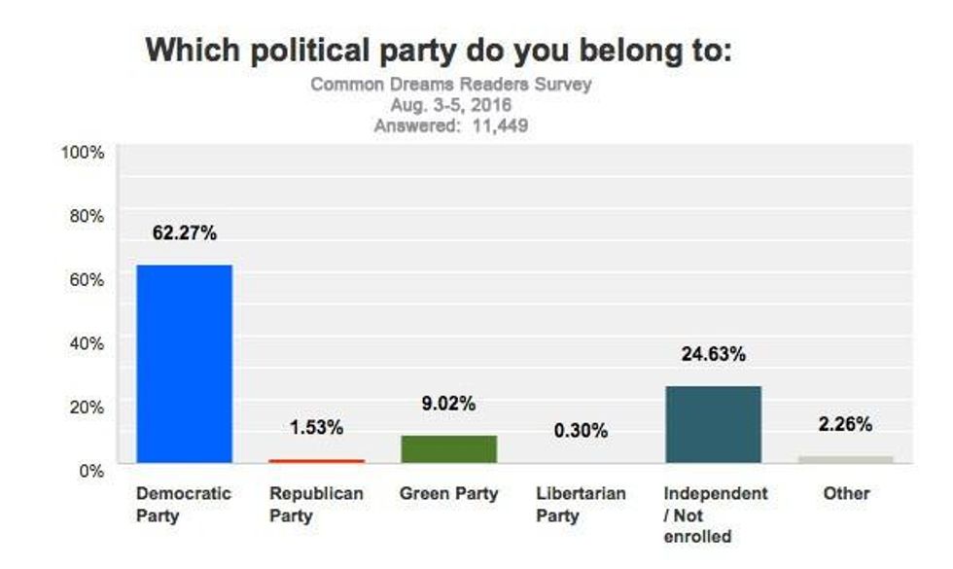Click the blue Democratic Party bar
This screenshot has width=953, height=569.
(184, 364)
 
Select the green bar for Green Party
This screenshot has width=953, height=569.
(448, 448)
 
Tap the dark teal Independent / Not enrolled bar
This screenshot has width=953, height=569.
(713, 424)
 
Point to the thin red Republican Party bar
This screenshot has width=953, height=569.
(316, 460)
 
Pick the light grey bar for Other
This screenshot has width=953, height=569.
(845, 459)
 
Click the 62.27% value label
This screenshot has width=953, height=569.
(184, 233)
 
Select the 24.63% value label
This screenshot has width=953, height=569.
(713, 355)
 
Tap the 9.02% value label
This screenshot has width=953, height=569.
(448, 404)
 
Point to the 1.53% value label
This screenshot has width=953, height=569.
(316, 428)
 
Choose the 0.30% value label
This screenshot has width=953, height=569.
(581, 430)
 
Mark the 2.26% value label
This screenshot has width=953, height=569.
(845, 424)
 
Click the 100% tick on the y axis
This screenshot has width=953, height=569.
(83, 153)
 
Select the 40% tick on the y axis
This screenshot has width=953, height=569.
(87, 342)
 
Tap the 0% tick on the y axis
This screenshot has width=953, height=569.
(90, 470)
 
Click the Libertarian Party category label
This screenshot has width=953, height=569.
(581, 504)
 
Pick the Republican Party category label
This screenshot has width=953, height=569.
(316, 504)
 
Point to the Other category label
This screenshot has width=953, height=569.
(845, 494)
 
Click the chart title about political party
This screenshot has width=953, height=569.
(438, 51)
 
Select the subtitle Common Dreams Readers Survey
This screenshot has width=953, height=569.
(450, 85)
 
